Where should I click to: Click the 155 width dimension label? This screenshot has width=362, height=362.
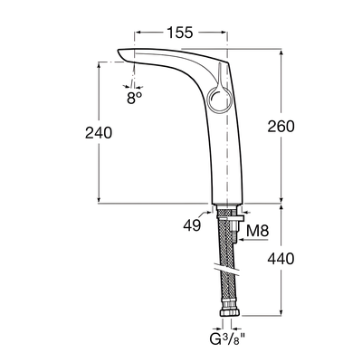coord(180,33)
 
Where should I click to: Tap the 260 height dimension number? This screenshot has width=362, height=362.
coord(281,127)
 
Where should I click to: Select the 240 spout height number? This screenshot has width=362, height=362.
coord(99,133)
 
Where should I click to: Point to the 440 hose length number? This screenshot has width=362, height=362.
coord(281,259)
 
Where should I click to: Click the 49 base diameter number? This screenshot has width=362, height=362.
coord(192,224)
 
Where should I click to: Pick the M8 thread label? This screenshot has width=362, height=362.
coord(257,232)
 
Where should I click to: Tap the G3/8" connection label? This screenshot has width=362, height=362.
coord(227,339)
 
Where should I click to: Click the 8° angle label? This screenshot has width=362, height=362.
coord(135,98)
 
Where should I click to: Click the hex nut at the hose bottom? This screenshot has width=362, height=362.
coord(230,312)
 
